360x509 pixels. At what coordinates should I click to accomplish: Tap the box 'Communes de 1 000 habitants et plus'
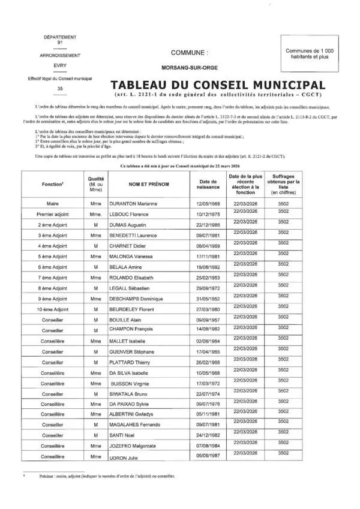314,55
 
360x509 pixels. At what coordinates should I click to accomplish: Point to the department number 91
59,43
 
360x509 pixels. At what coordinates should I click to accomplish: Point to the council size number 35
59,88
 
